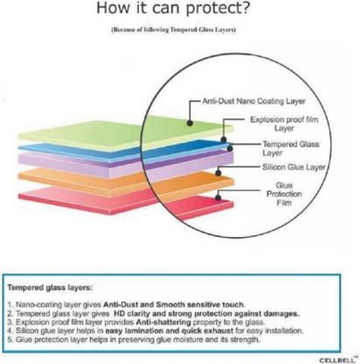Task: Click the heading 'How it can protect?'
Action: click(173, 8)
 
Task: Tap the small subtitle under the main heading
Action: click(173, 30)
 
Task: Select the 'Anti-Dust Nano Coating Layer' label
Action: click(253, 101)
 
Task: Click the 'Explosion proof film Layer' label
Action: click(284, 124)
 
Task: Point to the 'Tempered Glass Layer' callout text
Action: click(291, 149)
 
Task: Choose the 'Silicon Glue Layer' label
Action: click(294, 167)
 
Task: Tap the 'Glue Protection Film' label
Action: click(284, 194)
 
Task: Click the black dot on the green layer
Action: click(190, 123)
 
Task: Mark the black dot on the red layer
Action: click(218, 197)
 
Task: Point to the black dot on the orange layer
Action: click(218, 173)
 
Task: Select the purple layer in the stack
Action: click(125, 164)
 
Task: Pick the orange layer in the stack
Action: click(125, 182)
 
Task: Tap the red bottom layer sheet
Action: click(125, 201)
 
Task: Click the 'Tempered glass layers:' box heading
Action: click(50, 287)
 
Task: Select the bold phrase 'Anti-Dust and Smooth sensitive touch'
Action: click(173, 305)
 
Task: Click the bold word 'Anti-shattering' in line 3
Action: click(163, 322)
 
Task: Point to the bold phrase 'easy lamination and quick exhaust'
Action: click(169, 331)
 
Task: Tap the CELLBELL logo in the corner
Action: click(337, 359)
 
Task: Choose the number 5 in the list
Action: click(10, 340)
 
